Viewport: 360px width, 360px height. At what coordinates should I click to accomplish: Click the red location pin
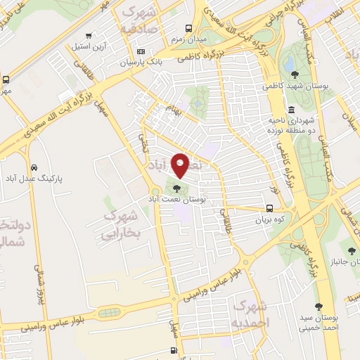point(180,165)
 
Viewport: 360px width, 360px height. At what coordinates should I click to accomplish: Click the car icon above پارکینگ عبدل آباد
point(34,168)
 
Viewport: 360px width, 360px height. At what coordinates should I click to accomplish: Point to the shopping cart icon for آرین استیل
point(87,36)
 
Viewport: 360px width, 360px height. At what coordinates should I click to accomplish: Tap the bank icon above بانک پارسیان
point(141,51)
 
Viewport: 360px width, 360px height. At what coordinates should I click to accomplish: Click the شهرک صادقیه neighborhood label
point(141,20)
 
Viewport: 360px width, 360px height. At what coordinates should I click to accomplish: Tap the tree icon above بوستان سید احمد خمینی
point(319,306)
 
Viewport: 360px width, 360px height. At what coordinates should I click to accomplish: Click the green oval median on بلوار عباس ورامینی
point(109,312)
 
